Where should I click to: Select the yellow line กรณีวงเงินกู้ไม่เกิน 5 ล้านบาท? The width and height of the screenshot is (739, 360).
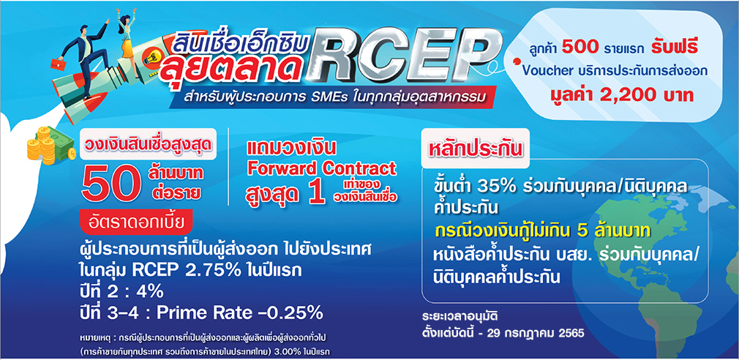[542, 232]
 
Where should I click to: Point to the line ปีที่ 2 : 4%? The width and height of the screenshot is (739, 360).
[121, 292]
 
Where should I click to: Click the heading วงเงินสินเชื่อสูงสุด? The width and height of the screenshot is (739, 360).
[148, 144]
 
